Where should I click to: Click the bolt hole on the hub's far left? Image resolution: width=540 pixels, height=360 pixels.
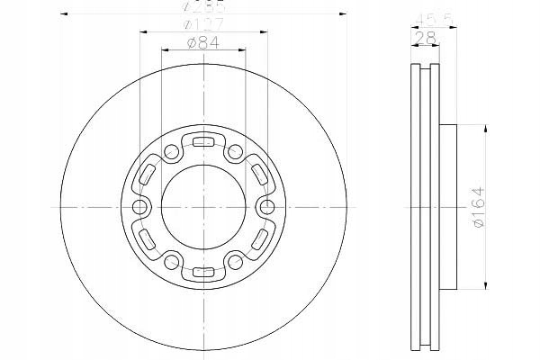pyautogui.click(x=139, y=208)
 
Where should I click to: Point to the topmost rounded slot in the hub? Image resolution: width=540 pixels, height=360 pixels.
pyautogui.click(x=203, y=140)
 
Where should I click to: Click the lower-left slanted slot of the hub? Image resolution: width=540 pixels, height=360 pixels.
pyautogui.click(x=147, y=241)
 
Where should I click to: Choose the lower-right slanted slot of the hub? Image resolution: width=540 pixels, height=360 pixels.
pyautogui.click(x=260, y=241)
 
